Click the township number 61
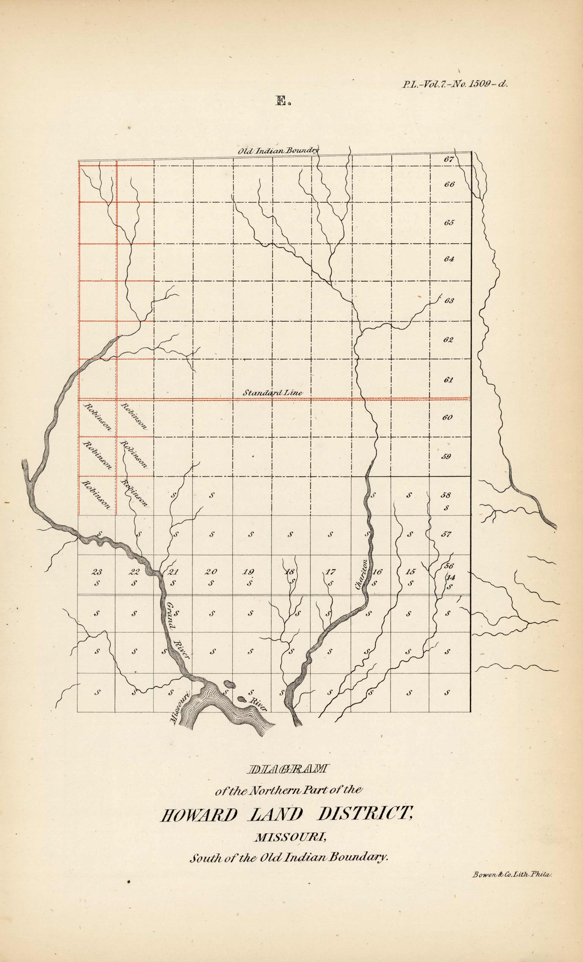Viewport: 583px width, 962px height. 448,380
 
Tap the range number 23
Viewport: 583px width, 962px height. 97,572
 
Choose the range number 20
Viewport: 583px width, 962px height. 211,572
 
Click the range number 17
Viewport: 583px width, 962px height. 331,572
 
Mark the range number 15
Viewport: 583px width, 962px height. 410,572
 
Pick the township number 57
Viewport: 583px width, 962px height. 446,534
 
